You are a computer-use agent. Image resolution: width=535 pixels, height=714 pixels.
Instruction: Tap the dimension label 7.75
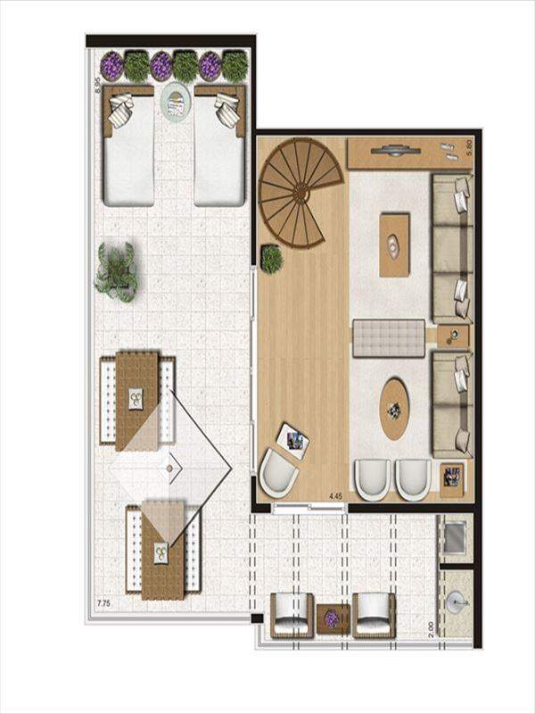tap(104, 604)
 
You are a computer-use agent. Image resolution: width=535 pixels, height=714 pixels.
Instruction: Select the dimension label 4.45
tap(335, 496)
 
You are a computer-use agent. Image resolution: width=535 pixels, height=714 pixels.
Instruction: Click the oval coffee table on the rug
tap(394, 409)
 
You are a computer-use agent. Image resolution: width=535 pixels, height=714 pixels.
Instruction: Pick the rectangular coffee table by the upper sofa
tap(394, 245)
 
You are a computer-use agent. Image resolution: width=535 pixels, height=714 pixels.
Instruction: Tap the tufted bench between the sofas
tap(389, 338)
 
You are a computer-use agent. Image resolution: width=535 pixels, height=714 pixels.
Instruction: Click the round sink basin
tap(457, 602)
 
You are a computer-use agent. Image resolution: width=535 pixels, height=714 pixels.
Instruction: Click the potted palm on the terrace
tap(117, 272)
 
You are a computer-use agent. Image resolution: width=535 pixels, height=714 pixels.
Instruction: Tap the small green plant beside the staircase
tap(272, 259)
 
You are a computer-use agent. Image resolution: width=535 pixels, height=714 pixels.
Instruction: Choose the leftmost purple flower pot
tap(112, 66)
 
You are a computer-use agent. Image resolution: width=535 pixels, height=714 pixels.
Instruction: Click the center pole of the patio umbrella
tap(169, 468)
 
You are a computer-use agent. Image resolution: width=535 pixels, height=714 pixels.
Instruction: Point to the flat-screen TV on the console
tap(394, 150)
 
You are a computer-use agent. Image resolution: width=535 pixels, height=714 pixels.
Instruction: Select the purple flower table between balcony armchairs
tap(333, 619)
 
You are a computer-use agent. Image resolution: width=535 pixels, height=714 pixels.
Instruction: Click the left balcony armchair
tap(292, 615)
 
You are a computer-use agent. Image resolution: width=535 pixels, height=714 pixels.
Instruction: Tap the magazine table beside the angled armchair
tap(292, 441)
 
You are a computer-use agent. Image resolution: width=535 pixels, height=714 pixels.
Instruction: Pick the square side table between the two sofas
tap(453, 336)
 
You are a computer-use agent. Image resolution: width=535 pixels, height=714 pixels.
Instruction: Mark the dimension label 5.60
tap(470, 148)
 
